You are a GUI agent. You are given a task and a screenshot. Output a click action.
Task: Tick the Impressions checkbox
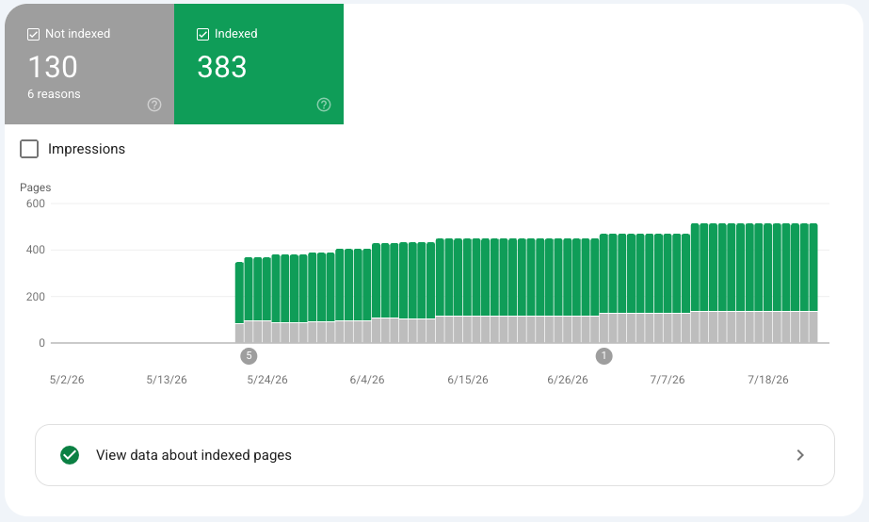point(29,149)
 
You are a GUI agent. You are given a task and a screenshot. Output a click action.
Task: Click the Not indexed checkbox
point(33,35)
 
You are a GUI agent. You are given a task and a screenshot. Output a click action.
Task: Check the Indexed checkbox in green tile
point(202,35)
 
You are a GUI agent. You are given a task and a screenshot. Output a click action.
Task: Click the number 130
point(53,67)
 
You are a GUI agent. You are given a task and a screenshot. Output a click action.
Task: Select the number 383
point(221,67)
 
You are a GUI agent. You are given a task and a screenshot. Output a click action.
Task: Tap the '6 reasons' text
point(54,94)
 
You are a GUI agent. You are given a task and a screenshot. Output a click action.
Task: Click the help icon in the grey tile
point(154,105)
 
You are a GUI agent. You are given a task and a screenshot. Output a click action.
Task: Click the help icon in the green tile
point(324,105)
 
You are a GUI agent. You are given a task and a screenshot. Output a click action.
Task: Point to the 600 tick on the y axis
point(36,204)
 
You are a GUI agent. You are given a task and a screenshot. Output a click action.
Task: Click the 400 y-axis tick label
point(36,250)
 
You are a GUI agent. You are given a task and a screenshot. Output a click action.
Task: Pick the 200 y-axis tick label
point(36,296)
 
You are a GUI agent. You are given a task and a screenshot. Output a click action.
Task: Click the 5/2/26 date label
point(67,380)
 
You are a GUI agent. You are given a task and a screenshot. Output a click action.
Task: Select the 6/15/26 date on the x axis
point(468,380)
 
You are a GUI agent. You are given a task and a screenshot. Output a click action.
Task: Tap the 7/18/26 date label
point(768,380)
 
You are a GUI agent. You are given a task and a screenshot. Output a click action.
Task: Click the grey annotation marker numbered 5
point(249,356)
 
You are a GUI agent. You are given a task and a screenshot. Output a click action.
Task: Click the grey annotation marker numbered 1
point(604,356)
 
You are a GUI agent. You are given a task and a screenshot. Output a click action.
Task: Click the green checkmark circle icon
point(70,455)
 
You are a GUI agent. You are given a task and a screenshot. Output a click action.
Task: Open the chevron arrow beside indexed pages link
point(800,455)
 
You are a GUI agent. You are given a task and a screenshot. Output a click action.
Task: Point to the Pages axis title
point(36,188)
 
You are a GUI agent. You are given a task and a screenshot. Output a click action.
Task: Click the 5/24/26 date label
point(267,380)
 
